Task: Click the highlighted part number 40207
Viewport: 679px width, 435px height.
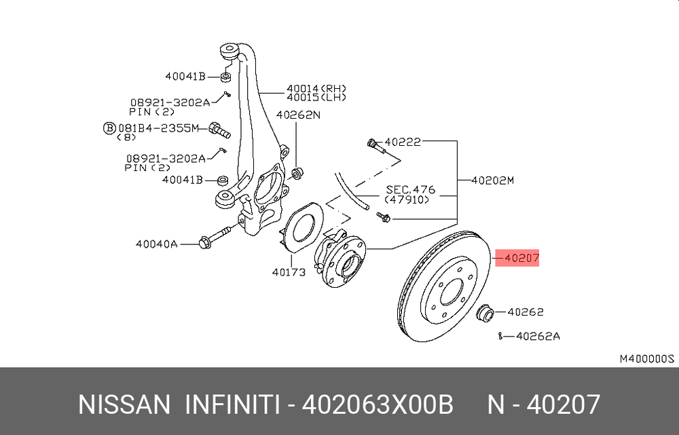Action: click(x=521, y=258)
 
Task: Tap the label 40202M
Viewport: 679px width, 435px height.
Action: click(x=493, y=180)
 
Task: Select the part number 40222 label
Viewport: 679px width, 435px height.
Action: click(x=403, y=142)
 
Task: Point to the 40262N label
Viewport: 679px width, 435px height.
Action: click(x=298, y=115)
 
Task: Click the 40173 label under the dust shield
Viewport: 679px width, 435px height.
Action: click(x=289, y=272)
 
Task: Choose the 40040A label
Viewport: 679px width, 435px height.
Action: click(x=157, y=244)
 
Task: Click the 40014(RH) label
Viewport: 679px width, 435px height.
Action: click(x=316, y=88)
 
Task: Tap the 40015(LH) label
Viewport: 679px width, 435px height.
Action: click(x=316, y=98)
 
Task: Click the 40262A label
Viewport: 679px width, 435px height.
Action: click(x=538, y=336)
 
